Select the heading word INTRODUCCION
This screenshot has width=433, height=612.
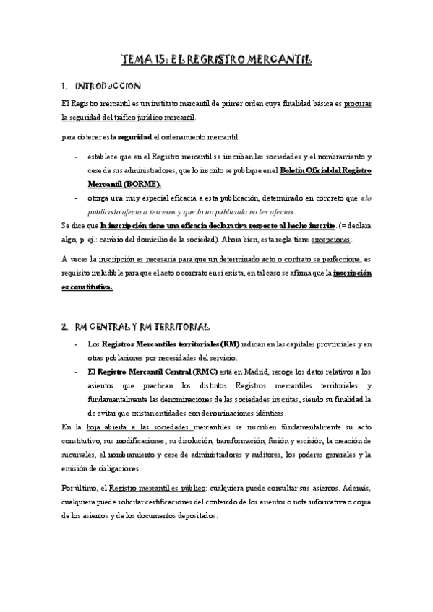point(113,86)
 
